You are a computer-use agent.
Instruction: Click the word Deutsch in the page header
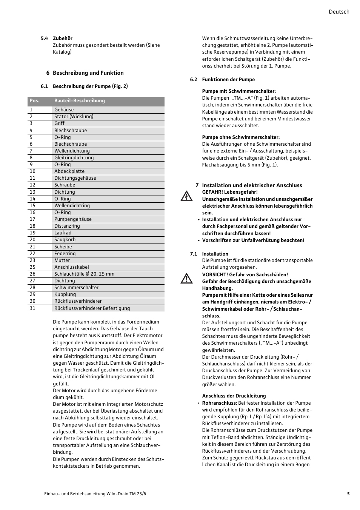[338, 12]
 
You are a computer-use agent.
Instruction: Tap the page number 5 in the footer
[348, 494]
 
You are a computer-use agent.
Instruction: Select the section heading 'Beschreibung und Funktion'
[88, 73]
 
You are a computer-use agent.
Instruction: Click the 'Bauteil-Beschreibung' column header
[79, 101]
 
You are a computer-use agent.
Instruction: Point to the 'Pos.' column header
[34, 101]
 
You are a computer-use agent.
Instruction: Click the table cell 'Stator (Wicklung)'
[74, 117]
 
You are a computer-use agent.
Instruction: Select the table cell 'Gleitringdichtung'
[74, 158]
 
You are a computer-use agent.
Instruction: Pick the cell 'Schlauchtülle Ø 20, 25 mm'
[84, 274]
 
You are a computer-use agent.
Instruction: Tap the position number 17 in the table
[32, 219]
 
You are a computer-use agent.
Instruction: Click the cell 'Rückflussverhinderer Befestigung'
[92, 308]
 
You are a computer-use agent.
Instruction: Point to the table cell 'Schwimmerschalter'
[76, 288]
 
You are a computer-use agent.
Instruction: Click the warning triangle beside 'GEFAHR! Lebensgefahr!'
[186, 196]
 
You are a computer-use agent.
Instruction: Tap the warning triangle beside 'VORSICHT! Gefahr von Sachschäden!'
[186, 279]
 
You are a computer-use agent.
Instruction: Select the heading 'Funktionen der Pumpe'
[228, 80]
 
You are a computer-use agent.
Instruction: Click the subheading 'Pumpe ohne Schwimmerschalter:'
[241, 137]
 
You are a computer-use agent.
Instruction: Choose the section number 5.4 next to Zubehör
[44, 39]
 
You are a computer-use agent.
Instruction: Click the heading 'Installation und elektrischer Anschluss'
[252, 185]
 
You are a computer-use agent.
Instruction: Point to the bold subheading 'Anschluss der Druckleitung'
[234, 396]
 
